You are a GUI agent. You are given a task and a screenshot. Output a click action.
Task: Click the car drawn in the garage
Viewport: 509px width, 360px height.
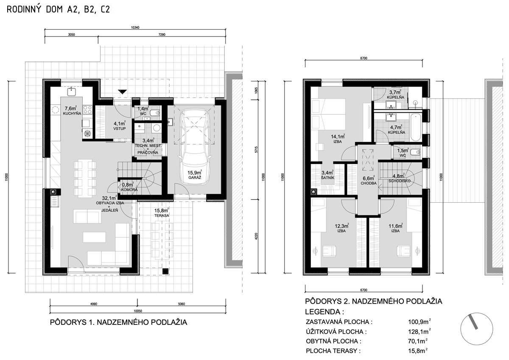pos(195,145)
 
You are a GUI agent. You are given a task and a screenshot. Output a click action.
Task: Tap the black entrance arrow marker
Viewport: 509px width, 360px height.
pos(123,92)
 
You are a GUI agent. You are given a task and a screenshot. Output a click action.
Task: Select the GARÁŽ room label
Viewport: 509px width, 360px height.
pos(195,177)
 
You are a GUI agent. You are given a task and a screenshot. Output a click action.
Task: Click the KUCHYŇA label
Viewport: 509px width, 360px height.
pos(72,114)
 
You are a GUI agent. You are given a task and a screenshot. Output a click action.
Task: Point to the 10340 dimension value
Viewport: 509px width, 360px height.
pos(135,28)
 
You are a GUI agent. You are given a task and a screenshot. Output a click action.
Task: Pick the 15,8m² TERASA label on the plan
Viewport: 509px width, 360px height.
pos(162,212)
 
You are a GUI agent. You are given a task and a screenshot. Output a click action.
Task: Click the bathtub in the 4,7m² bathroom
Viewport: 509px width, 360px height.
pos(416,127)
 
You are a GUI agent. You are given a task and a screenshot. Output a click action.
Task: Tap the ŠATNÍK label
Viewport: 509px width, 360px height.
pos(327,178)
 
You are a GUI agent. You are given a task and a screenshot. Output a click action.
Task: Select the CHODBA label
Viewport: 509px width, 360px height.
pos(369,183)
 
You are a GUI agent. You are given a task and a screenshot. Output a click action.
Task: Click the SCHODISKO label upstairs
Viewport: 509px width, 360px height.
pos(400,181)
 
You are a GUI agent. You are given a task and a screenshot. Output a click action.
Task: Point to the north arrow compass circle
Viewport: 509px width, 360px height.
pos(476,329)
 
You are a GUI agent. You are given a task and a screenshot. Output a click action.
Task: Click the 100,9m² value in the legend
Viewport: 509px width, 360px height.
pos(419,321)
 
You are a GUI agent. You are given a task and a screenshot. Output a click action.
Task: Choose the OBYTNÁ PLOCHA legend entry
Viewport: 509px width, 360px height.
pos(333,341)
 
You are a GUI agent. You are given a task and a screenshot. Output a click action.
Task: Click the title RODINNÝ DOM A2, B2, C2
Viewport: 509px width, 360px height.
pos(59,9)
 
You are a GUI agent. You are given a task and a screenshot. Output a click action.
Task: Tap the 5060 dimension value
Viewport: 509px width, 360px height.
pos(182,304)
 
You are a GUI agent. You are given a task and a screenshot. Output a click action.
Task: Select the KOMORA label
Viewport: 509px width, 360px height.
pos(129,190)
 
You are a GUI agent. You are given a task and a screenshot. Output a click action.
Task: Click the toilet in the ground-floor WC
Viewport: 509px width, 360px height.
pos(156,113)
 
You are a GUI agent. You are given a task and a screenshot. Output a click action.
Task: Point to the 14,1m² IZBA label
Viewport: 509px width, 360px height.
pos(338,139)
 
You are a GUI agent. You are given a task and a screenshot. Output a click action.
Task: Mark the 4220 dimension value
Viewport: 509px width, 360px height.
pos(256,237)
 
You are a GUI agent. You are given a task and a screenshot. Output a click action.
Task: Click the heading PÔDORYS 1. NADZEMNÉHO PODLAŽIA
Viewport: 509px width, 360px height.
pos(118,322)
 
